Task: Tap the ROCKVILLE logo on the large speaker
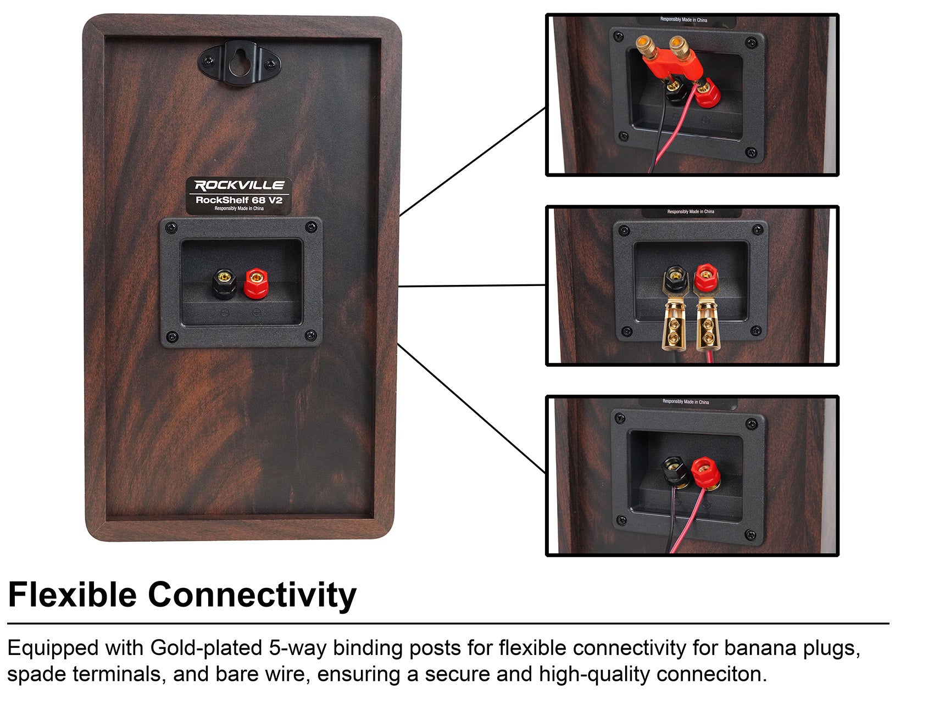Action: coord(240,186)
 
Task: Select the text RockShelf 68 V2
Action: coord(239,200)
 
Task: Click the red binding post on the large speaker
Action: coord(255,282)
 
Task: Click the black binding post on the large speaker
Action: coord(224,282)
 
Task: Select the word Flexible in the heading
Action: coord(72,595)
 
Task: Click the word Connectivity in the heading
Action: coord(252,595)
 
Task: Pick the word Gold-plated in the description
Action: coord(206,648)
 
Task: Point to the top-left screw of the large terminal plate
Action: coord(171,227)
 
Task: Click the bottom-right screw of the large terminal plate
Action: coord(310,335)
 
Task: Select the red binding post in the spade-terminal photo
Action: coord(705,279)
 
